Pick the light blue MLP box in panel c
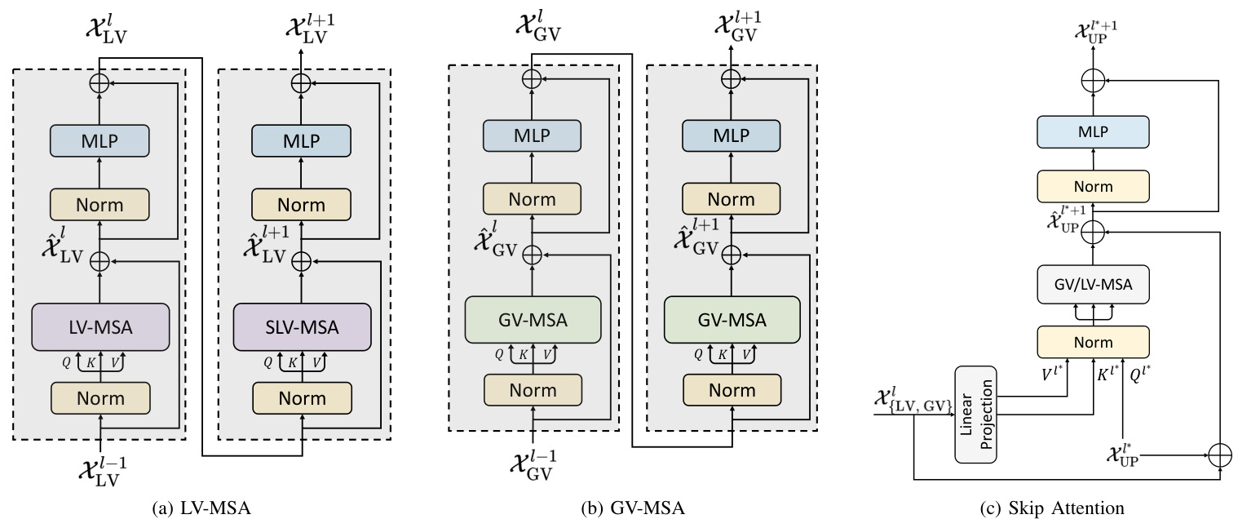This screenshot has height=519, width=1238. [1093, 132]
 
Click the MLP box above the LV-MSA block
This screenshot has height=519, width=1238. [99, 141]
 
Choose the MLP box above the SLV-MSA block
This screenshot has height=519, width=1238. [302, 141]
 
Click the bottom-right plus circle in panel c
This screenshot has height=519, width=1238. [1219, 455]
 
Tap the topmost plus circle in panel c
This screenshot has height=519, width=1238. [1093, 80]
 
